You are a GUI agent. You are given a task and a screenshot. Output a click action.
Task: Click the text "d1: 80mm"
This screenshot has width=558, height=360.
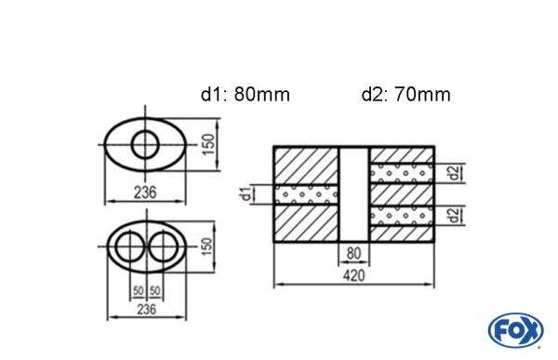point(246,95)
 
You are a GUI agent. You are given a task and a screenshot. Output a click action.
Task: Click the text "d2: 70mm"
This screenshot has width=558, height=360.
point(406,95)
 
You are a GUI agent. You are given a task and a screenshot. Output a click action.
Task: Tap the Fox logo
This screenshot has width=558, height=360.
point(516,330)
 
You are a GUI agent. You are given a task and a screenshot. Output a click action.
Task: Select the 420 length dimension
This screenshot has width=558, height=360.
point(354,275)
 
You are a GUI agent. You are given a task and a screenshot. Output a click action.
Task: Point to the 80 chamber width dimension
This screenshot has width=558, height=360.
point(353,254)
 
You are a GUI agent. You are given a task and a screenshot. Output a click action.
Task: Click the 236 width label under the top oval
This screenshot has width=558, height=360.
point(145,193)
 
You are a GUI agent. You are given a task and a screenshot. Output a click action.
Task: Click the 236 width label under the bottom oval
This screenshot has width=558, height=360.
point(146,309)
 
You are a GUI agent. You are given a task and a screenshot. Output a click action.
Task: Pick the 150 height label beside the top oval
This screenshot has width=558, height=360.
point(209,144)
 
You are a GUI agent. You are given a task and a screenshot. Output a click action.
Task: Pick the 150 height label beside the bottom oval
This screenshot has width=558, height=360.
point(206,247)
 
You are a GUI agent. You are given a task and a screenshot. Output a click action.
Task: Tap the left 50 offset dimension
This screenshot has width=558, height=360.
point(138,291)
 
